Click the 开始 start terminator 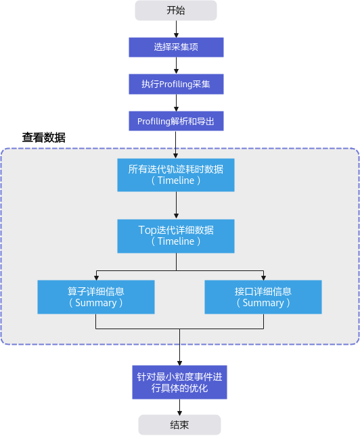click(x=176, y=10)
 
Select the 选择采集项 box click(x=176, y=47)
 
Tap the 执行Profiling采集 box click(x=176, y=84)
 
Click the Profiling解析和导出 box click(x=176, y=121)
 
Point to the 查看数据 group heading click(x=44, y=138)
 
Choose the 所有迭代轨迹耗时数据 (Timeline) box click(x=176, y=175)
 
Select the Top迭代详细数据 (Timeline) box click(x=176, y=236)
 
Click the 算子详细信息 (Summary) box click(x=96, y=297)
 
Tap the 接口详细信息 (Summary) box click(x=263, y=297)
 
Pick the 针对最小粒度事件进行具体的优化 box click(x=179, y=383)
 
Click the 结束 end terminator click(x=179, y=425)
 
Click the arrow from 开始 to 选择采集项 click(x=176, y=29)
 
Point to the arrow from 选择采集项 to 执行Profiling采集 click(x=176, y=66)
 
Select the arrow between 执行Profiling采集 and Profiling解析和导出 click(x=176, y=103)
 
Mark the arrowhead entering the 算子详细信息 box click(x=96, y=278)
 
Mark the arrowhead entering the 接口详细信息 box click(x=263, y=278)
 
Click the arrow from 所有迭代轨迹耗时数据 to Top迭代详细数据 click(x=176, y=205)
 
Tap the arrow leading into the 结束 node click(x=179, y=407)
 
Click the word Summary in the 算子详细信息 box click(x=96, y=303)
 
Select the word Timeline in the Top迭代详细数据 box click(x=176, y=241)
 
